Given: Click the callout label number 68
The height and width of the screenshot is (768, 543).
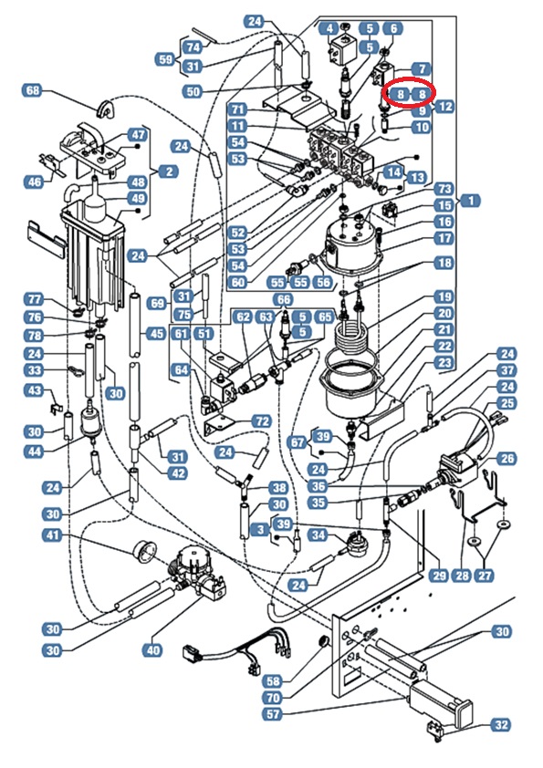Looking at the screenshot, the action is coord(33,90).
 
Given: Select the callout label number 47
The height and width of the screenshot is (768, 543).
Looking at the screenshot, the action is coord(138,135).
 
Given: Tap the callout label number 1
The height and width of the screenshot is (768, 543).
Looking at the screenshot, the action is coord(471,201).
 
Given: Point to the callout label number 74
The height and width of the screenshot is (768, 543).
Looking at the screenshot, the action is coord(193,47).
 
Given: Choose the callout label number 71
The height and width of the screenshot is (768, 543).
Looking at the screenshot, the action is coord(238,109).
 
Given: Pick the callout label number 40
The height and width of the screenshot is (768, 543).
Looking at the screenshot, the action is coord(153,650).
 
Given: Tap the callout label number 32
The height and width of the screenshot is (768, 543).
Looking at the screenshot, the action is coord(500,724).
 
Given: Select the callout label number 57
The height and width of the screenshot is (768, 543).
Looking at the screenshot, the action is coord(273,713).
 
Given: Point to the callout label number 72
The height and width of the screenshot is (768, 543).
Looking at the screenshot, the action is coord(261,420).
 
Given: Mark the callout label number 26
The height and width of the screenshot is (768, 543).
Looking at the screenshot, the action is coord(506,459).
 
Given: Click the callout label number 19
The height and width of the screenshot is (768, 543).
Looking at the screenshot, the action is coord(444,296).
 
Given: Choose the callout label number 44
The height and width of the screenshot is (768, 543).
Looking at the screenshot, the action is coord(35,451).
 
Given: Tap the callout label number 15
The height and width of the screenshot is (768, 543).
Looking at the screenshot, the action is coord(444,206).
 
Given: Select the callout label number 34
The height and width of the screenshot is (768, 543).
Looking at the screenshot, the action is coord(318,534).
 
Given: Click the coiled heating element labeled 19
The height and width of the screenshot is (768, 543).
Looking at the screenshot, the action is coord(353,335).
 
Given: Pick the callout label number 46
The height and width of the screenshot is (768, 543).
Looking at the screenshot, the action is coord(35,182).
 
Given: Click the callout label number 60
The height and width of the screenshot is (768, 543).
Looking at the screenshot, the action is coord(238,282).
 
